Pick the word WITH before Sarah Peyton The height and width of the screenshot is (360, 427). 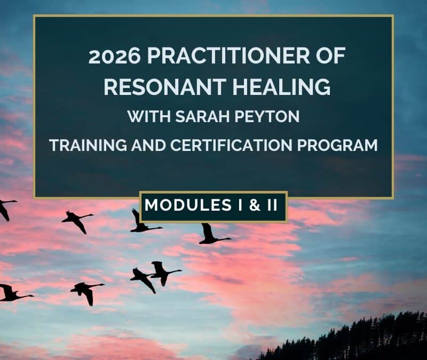click(x=147, y=116)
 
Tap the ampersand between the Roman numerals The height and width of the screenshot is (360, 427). click(x=252, y=205)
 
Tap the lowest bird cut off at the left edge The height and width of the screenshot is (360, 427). click(x=11, y=292)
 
